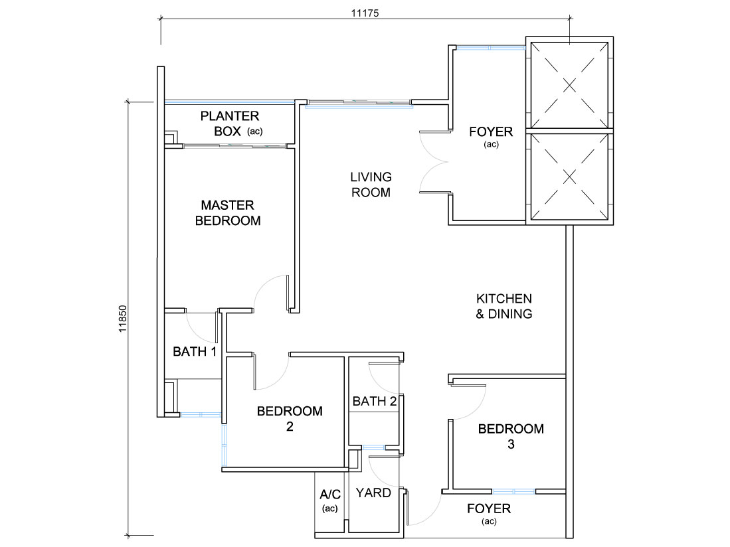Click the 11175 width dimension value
tap(365, 13)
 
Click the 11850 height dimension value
tap(122, 319)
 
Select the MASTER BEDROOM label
tap(228, 212)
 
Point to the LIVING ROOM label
tap(371, 184)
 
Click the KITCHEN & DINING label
tap(503, 306)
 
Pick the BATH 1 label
tap(195, 351)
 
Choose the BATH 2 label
tap(375, 401)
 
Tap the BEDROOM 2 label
tap(290, 418)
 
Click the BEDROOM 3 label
tap(511, 436)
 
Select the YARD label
tap(373, 493)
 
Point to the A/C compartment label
tap(330, 500)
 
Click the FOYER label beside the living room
tap(491, 137)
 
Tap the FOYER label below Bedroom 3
tap(489, 514)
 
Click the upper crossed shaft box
tap(569, 85)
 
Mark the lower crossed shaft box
tap(569, 177)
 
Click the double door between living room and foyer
tap(435, 162)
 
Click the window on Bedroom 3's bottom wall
tap(513, 491)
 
